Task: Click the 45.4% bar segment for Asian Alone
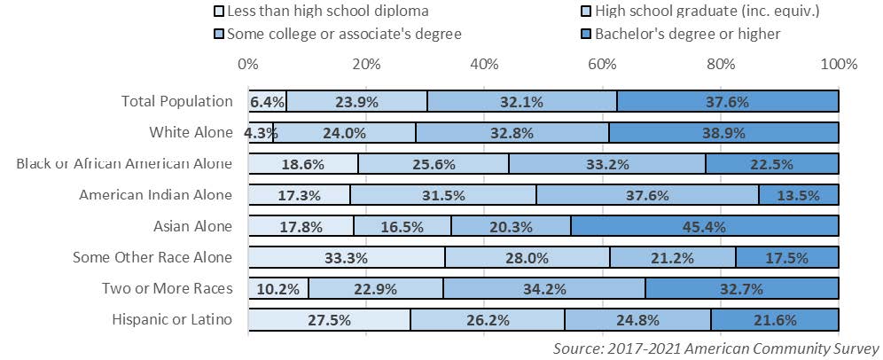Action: [x=705, y=226]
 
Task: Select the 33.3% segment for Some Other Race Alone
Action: [x=347, y=257]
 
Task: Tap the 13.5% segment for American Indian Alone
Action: [x=798, y=195]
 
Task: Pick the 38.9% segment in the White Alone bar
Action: [x=723, y=133]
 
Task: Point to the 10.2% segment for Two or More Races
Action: [x=278, y=288]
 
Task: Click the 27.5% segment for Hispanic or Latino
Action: [x=329, y=319]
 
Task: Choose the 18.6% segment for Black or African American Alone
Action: [x=303, y=164]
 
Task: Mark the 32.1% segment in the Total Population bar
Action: [x=521, y=102]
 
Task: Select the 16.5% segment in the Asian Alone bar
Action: [x=402, y=226]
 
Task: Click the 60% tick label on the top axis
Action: [x=603, y=64]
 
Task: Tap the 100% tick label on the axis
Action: [x=839, y=64]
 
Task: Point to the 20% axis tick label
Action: [x=366, y=64]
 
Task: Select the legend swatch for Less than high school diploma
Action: [x=220, y=12]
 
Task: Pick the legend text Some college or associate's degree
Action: [x=345, y=35]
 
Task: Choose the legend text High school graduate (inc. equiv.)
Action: [x=695, y=12]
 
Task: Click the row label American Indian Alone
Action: [x=156, y=195]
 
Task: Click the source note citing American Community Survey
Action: [x=715, y=348]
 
